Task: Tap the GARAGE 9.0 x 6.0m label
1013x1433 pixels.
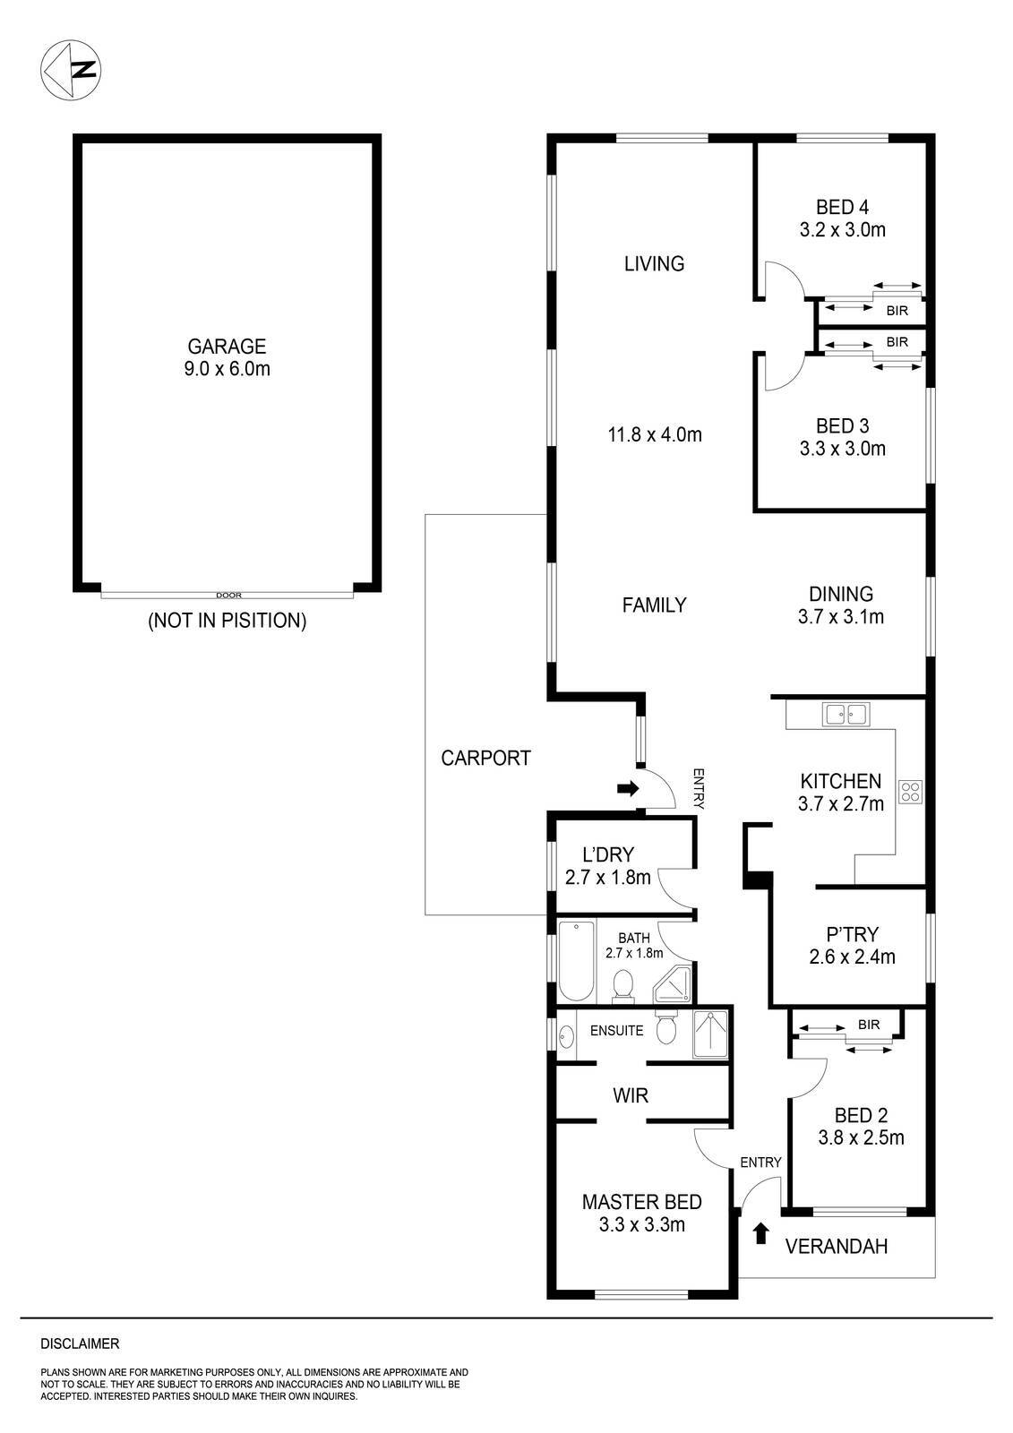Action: (227, 356)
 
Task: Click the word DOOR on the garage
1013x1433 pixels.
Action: (228, 595)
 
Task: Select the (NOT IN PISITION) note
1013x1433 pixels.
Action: (227, 620)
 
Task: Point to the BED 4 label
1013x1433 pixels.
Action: (842, 219)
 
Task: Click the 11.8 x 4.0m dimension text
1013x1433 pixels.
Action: (654, 435)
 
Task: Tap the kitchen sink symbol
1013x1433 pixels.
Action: (846, 714)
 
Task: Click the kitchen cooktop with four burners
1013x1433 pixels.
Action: (911, 792)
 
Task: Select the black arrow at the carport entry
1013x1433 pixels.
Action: (628, 788)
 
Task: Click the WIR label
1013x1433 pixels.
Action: (631, 1094)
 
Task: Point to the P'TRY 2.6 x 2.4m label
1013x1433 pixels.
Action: (851, 946)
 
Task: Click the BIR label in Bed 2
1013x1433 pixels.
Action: (868, 1025)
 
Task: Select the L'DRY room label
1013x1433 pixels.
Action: (608, 866)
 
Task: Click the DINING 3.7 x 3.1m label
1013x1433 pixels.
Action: (841, 605)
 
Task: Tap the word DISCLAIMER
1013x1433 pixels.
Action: (80, 1343)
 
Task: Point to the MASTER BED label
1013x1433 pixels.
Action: (641, 1213)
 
